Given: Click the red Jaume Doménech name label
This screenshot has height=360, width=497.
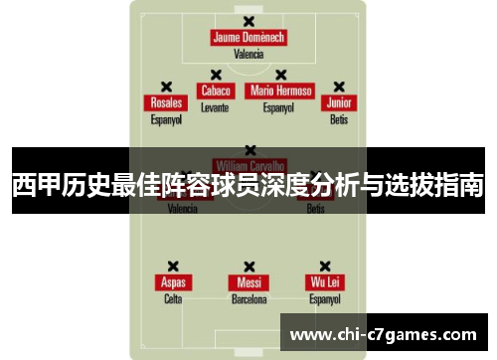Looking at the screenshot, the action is point(248,38).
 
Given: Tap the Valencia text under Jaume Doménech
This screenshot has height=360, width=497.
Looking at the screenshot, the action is point(248,55).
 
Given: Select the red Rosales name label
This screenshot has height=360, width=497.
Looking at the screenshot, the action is point(166,103).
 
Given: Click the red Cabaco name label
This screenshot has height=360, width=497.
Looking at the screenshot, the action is point(215,90).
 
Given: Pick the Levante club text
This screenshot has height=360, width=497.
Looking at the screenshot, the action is point(215,107).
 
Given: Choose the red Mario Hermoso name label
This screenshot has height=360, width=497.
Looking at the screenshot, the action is point(281,90).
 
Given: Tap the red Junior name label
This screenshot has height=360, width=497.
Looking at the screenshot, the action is point(339,103).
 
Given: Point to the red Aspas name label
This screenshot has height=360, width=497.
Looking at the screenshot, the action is point(173,282).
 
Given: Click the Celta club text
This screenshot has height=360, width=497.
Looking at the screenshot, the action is point(173,298).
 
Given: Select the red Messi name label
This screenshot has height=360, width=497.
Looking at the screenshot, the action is point(248,282).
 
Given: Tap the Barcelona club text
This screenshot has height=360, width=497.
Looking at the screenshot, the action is point(248,298).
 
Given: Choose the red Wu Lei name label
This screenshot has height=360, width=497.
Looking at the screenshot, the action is point(325,282).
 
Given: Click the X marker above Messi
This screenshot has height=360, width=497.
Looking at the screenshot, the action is point(248,266).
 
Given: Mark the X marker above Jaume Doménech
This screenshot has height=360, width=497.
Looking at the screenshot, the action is point(248,21).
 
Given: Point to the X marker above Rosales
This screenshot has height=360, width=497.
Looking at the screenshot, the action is point(166,87).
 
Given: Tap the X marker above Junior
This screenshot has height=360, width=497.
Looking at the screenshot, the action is point(339,87).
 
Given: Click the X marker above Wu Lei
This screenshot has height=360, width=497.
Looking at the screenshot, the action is point(325,266).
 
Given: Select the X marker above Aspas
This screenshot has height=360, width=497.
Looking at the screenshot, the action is point(173,266).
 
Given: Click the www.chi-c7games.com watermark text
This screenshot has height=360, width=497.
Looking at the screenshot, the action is point(382,334).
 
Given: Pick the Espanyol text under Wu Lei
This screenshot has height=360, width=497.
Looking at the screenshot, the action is point(325,298).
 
